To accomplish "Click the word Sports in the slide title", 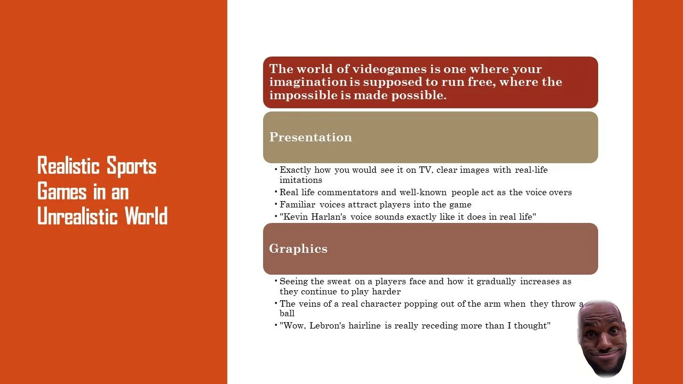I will (x=131, y=166).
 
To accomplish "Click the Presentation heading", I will (x=310, y=137).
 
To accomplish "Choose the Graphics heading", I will (x=298, y=249).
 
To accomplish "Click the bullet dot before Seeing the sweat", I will (x=276, y=281).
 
